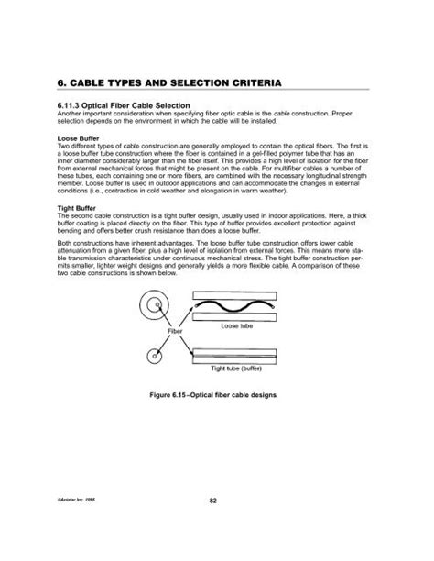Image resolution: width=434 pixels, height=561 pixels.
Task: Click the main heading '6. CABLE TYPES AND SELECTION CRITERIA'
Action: click(x=171, y=82)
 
